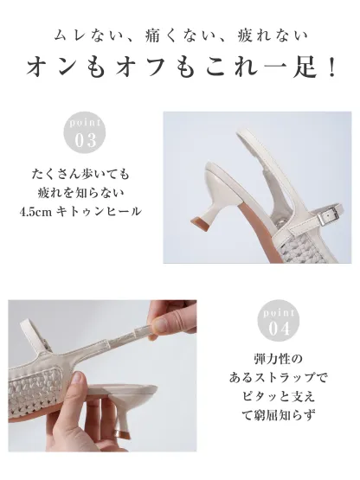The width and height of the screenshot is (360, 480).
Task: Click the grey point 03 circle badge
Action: pos(87,132)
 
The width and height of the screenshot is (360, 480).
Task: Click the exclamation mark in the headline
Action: pos(331,67)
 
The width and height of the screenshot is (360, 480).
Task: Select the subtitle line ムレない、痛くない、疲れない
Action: pos(180,36)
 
